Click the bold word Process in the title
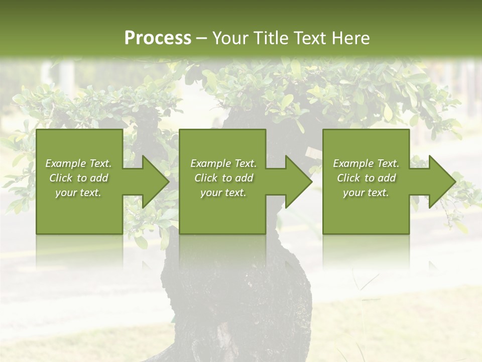pyautogui.click(x=158, y=38)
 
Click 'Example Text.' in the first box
pyautogui.click(x=78, y=163)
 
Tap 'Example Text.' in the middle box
pyautogui.click(x=223, y=163)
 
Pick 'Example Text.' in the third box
pyautogui.click(x=366, y=163)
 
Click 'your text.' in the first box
pyautogui.click(x=78, y=193)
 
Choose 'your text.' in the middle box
pyautogui.click(x=223, y=193)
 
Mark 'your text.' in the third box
pyautogui.click(x=366, y=193)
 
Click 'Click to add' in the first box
pyautogui.click(x=78, y=178)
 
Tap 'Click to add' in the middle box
pyautogui.click(x=223, y=178)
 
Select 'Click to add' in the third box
pyautogui.click(x=366, y=178)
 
